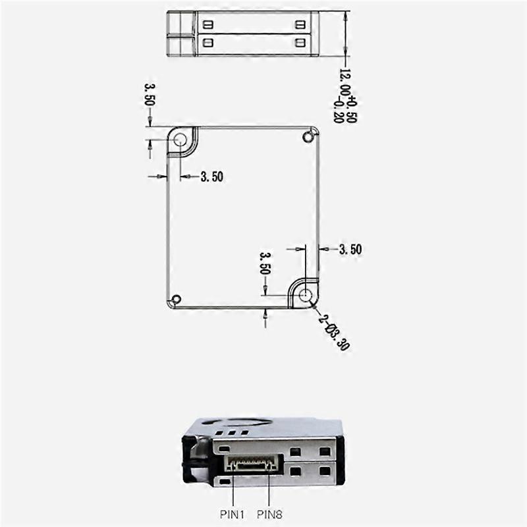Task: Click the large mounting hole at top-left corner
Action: [180, 140]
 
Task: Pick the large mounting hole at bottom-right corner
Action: [304, 295]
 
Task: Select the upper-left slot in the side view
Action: [209, 24]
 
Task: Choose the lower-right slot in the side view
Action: [301, 42]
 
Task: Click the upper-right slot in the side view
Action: [301, 24]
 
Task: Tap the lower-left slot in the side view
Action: [209, 42]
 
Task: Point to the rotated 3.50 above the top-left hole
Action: [149, 94]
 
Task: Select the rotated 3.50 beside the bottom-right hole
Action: [265, 262]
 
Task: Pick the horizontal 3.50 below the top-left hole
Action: [212, 177]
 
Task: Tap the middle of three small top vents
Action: [235, 433]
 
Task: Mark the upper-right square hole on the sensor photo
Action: [324, 452]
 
